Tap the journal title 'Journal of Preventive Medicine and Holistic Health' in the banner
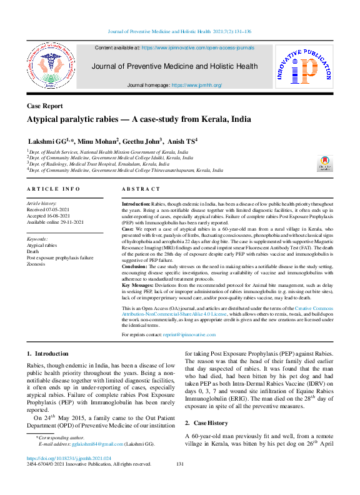(174, 66)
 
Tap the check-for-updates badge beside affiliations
(325, 163)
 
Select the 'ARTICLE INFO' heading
(53, 189)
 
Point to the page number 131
(180, 464)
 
